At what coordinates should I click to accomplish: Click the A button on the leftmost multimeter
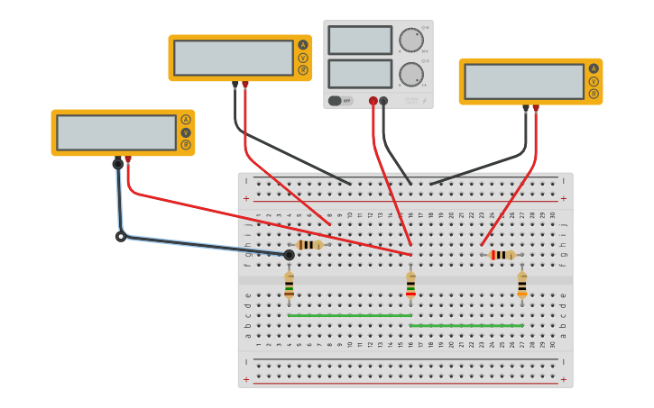(186, 120)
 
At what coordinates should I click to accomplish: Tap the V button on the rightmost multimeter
(594, 81)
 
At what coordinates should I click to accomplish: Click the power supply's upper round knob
(410, 40)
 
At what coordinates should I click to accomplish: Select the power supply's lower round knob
(410, 74)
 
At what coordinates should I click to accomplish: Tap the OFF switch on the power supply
(341, 101)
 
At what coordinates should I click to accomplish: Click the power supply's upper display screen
(360, 41)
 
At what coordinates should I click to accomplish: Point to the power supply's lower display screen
(360, 74)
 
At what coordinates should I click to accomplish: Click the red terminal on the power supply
(373, 101)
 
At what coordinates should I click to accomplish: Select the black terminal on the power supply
(383, 101)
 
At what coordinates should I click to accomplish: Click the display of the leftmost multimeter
(116, 132)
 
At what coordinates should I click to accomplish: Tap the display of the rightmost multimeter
(524, 81)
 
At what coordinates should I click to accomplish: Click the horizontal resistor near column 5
(309, 245)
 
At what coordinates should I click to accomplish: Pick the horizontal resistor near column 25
(502, 255)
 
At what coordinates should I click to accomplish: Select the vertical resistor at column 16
(410, 285)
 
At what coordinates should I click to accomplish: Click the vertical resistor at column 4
(289, 285)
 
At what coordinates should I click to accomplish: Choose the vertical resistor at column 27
(521, 285)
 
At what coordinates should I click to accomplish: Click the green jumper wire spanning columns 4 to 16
(350, 315)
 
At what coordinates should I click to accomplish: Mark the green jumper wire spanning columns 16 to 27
(466, 325)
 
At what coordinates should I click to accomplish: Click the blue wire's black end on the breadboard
(289, 255)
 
